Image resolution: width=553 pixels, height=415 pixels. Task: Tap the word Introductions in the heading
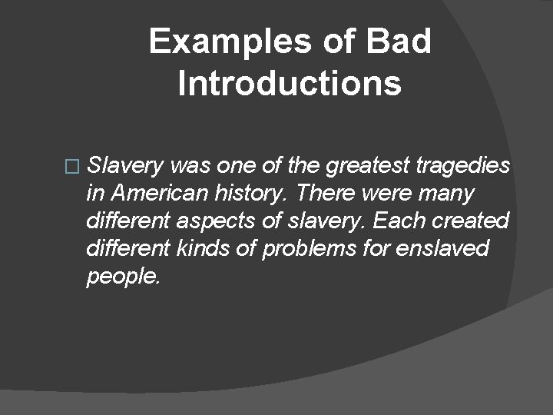point(289,84)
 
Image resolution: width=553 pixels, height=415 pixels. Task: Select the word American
point(154,193)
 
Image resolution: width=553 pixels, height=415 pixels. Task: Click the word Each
point(393,221)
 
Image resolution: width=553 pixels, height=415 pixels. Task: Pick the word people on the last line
point(124,276)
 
